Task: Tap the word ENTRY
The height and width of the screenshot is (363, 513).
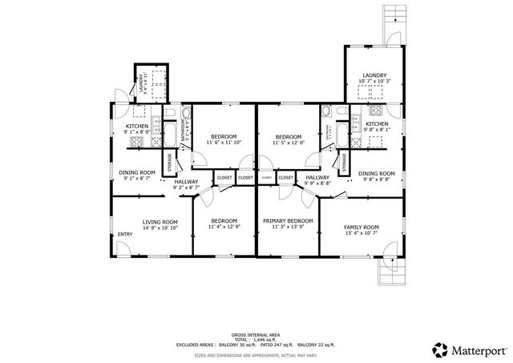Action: point(125,234)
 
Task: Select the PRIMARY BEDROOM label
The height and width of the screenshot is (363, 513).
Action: point(288,220)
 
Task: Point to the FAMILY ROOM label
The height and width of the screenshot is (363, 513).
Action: point(361,227)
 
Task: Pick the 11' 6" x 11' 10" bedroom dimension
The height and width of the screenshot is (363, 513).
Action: point(224,143)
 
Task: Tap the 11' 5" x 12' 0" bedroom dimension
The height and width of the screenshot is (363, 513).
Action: point(288,143)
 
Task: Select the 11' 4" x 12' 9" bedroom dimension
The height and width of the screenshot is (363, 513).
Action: point(224,227)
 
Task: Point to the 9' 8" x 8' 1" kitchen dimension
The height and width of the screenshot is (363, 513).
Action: point(377,130)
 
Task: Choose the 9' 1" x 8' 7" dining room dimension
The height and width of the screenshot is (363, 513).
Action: point(137,179)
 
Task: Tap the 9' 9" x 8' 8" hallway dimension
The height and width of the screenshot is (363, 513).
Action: point(317,184)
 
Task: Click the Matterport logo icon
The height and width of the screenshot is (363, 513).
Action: point(439,349)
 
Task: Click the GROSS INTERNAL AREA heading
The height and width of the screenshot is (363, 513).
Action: point(256,333)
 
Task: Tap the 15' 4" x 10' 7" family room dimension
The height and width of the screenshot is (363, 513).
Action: point(361,233)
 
